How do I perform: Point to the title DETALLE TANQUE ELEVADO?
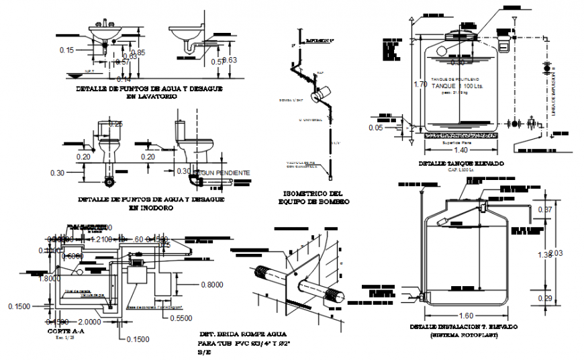460,164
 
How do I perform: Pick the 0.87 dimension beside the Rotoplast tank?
546,210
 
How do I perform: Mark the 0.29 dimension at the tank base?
546,298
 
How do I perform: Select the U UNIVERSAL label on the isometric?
311,120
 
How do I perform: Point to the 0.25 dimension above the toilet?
116,124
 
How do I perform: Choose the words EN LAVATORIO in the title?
152,97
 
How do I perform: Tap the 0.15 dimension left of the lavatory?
66,50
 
